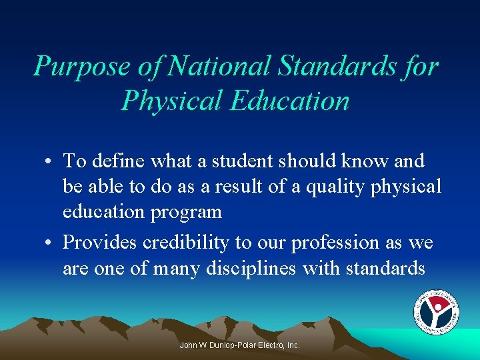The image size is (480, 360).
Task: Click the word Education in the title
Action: tap(291, 101)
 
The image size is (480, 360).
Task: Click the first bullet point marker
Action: tap(51, 162)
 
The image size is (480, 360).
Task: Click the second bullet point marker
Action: tap(51, 243)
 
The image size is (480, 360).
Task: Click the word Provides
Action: tap(99, 243)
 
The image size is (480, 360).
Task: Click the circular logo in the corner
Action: tap(436, 312)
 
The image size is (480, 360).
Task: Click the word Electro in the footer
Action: tap(270, 345)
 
